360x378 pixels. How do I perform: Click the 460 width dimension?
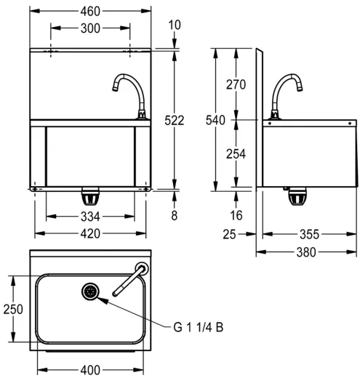90,12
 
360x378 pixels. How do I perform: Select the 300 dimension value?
90,28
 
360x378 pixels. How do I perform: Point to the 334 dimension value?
90,216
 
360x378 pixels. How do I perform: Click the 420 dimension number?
90,233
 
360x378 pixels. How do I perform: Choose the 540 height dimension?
216,120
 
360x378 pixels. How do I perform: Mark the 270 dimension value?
235,84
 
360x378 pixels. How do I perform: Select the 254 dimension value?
235,153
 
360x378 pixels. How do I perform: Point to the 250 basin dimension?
10,308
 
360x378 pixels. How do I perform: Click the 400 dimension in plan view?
90,370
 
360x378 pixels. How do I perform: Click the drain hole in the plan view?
91,291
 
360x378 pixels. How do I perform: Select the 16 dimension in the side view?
235,215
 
